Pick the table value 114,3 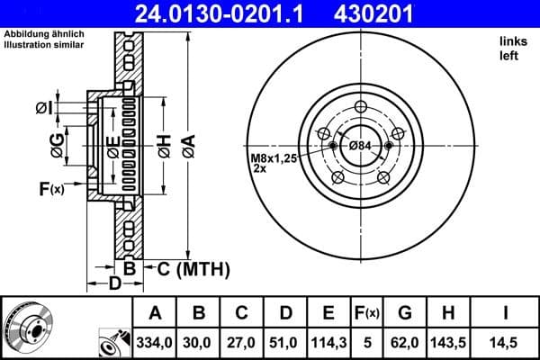(x=329, y=341)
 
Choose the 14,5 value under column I (x=507, y=341)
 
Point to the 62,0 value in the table (x=404, y=341)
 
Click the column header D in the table (x=285, y=312)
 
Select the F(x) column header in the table (x=367, y=312)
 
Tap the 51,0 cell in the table (x=285, y=341)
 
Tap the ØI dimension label (x=42, y=108)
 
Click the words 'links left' (x=510, y=48)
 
